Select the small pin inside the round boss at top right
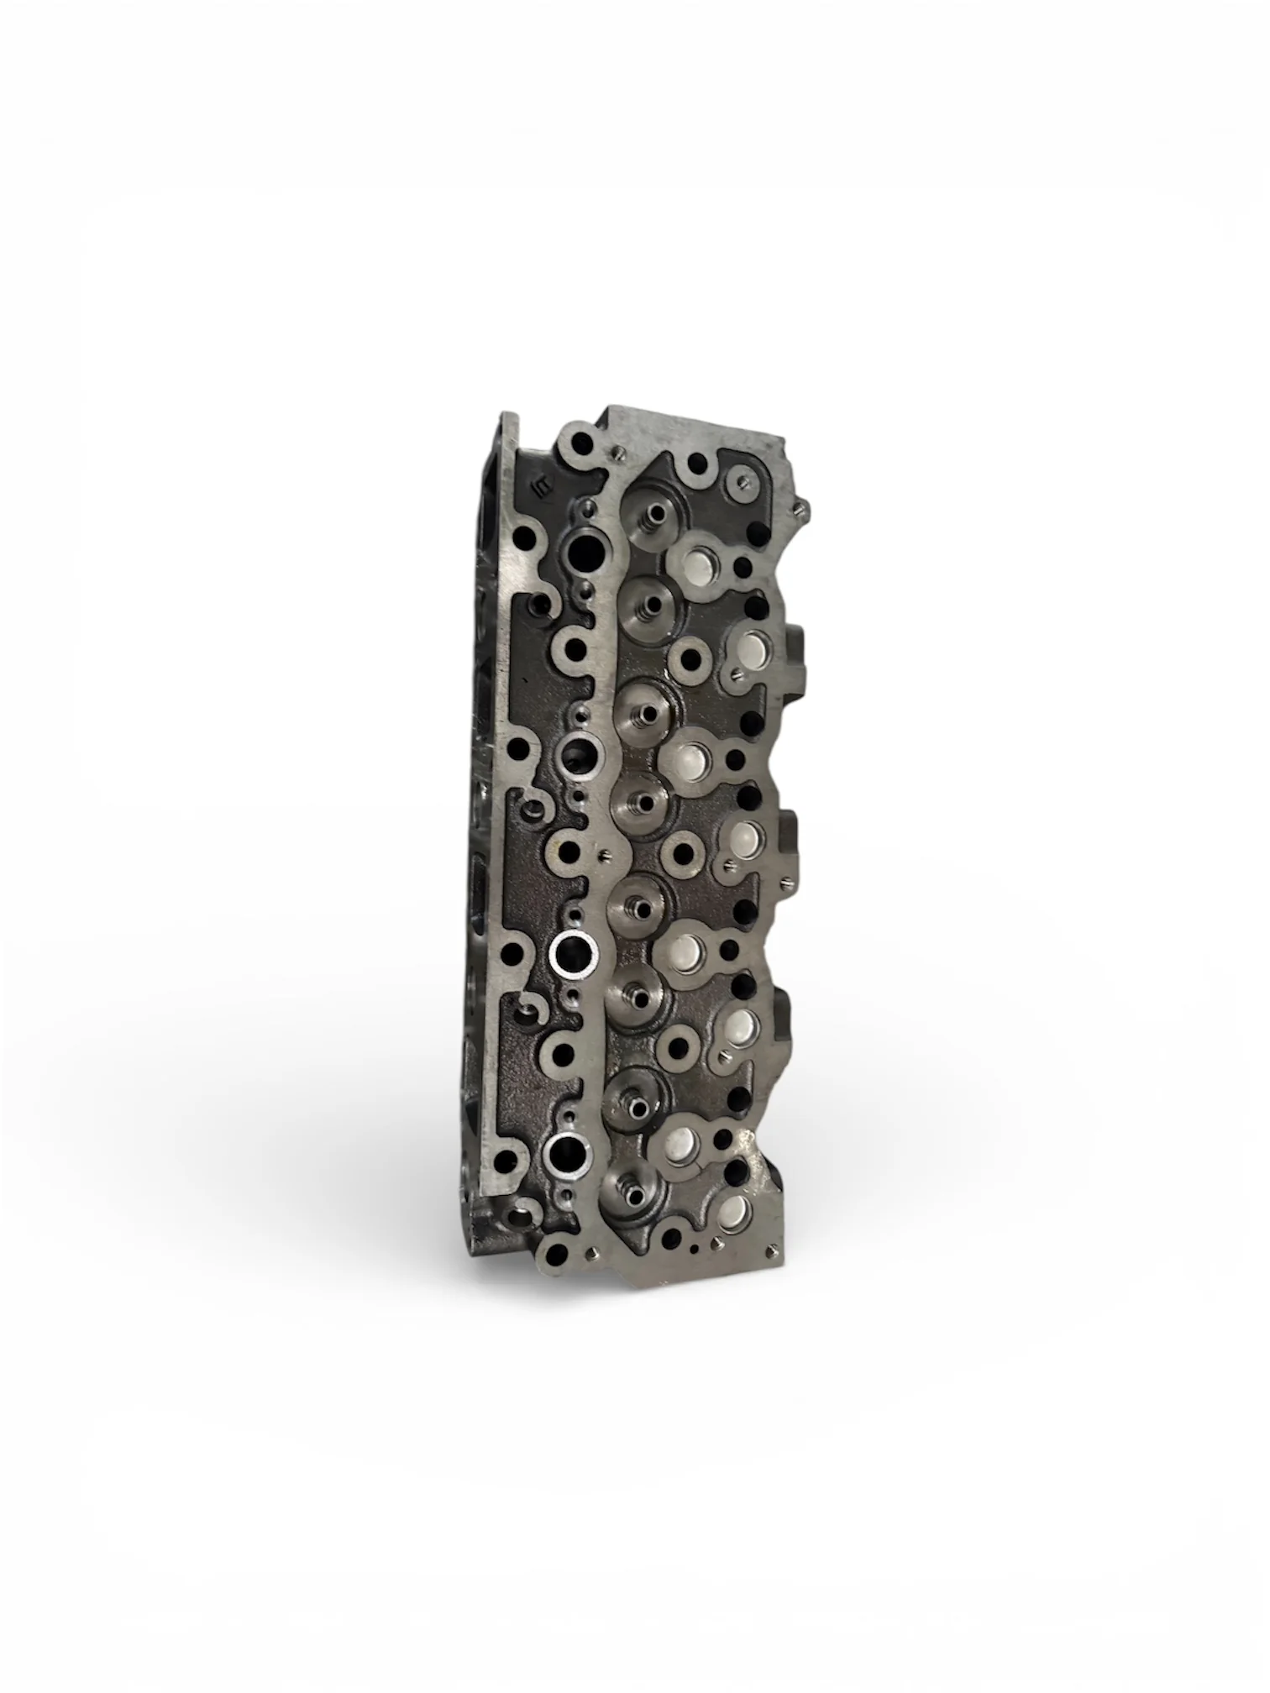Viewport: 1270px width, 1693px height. click(x=740, y=482)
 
